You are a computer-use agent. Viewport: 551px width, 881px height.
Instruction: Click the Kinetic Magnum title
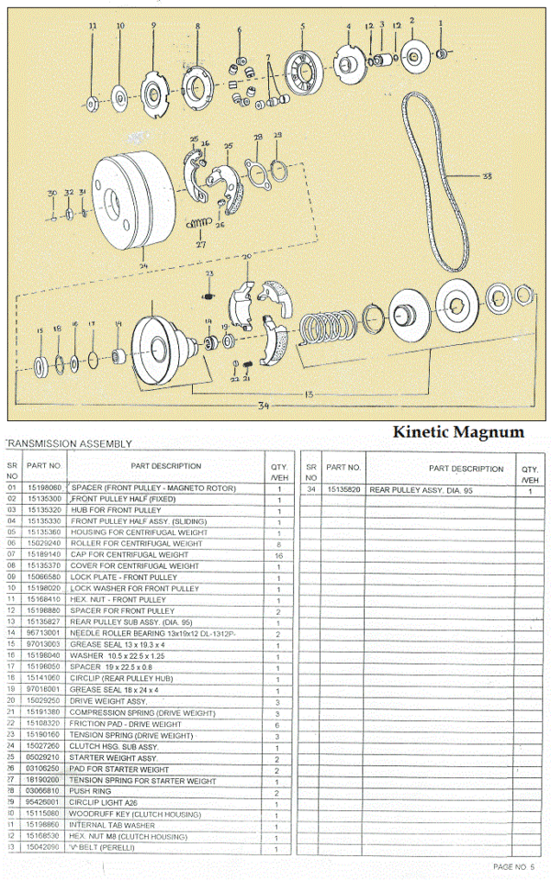click(458, 431)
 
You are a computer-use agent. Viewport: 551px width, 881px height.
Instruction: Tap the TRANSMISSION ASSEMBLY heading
click(69, 444)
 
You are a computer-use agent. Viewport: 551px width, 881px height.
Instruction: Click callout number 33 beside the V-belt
click(487, 175)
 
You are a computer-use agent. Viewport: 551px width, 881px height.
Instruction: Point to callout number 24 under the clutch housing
click(143, 267)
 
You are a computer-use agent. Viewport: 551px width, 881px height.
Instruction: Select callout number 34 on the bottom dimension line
click(264, 405)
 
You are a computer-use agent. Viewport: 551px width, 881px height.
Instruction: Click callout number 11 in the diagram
click(92, 28)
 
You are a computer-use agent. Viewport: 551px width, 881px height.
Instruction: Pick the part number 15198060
click(44, 488)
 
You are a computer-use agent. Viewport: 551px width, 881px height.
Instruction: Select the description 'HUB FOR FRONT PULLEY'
click(116, 510)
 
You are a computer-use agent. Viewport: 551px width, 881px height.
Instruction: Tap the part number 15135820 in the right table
click(343, 491)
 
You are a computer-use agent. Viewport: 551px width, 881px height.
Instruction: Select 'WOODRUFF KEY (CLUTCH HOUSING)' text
click(130, 813)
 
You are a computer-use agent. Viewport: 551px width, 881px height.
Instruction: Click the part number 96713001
click(44, 633)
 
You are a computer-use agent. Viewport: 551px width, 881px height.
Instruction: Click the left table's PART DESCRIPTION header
click(165, 466)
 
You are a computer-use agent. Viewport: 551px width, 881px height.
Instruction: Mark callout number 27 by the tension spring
click(200, 245)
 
